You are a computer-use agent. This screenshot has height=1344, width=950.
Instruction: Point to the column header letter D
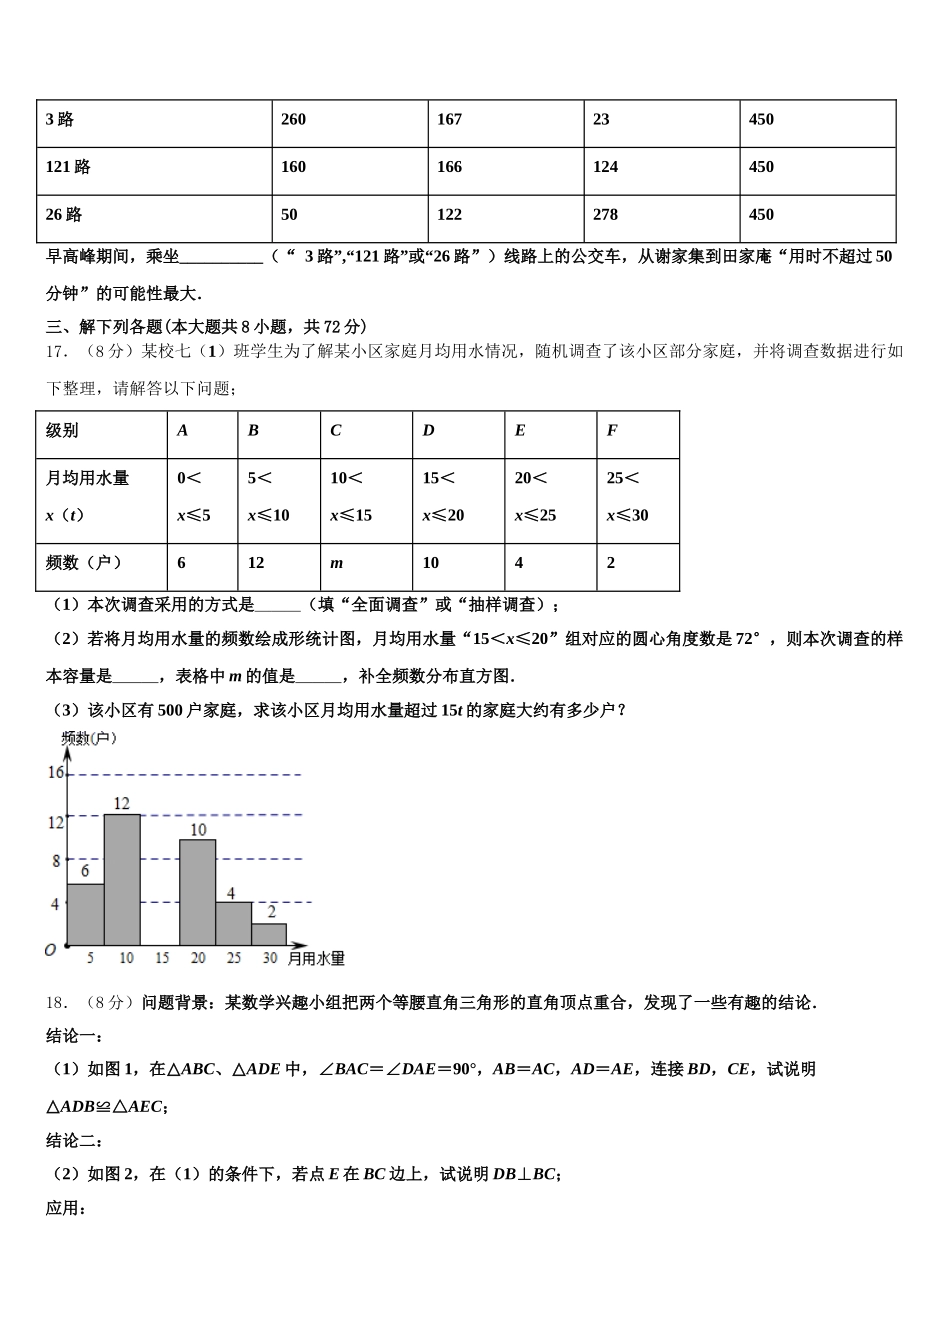[428, 431]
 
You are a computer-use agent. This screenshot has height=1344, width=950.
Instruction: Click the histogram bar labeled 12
[122, 880]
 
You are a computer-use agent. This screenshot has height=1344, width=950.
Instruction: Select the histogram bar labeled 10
[197, 892]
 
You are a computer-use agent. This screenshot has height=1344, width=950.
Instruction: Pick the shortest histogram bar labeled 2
[269, 934]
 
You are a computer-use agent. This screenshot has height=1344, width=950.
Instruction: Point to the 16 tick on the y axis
[55, 773]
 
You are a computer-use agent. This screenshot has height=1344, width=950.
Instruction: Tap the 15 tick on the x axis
[162, 958]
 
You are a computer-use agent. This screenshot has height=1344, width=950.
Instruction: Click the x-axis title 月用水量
[316, 959]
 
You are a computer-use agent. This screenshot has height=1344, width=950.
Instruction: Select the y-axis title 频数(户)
[89, 738]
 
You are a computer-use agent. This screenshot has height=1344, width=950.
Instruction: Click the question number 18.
[56, 1003]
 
